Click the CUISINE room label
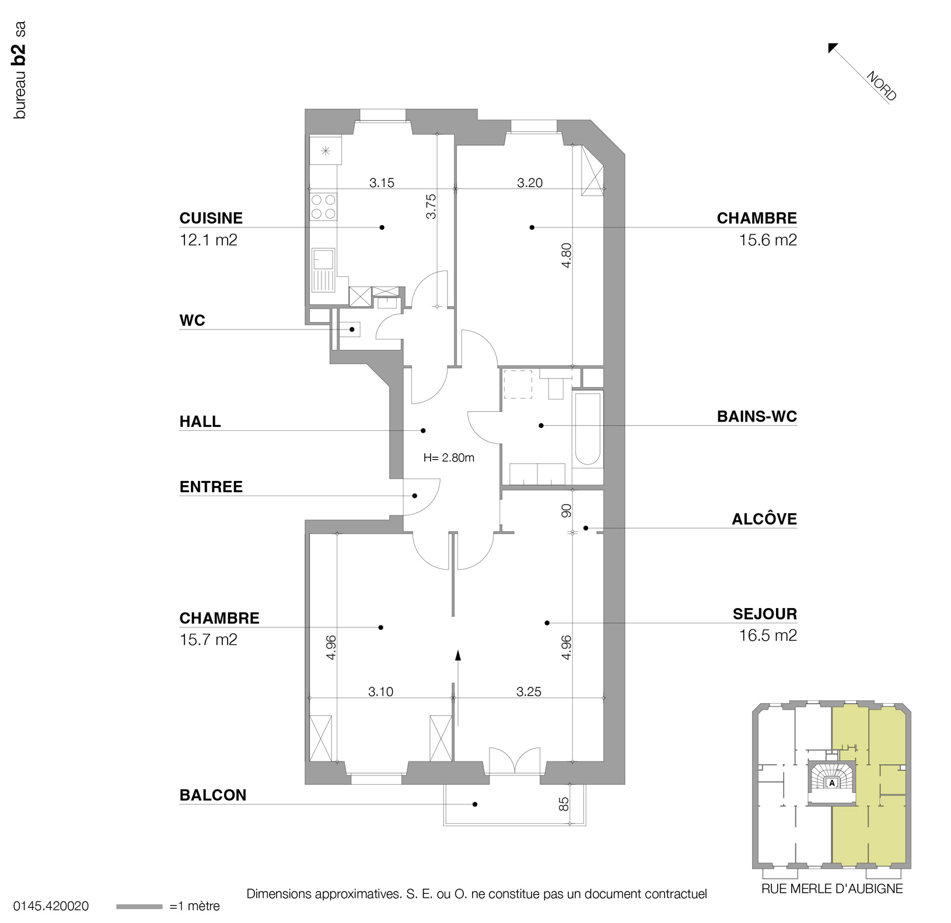211,218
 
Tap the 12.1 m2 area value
208,240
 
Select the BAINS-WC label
757,416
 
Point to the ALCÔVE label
764,519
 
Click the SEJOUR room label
765,613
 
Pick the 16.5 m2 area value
768,635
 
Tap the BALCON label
213,795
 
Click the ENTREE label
211,486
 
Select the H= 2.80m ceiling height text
449,458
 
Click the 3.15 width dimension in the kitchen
382,183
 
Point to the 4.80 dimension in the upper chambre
566,255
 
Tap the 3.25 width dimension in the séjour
529,692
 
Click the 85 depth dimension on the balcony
564,804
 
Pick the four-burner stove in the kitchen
324,206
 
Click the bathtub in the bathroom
587,429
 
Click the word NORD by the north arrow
881,86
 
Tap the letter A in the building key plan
832,783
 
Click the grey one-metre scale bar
139,906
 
